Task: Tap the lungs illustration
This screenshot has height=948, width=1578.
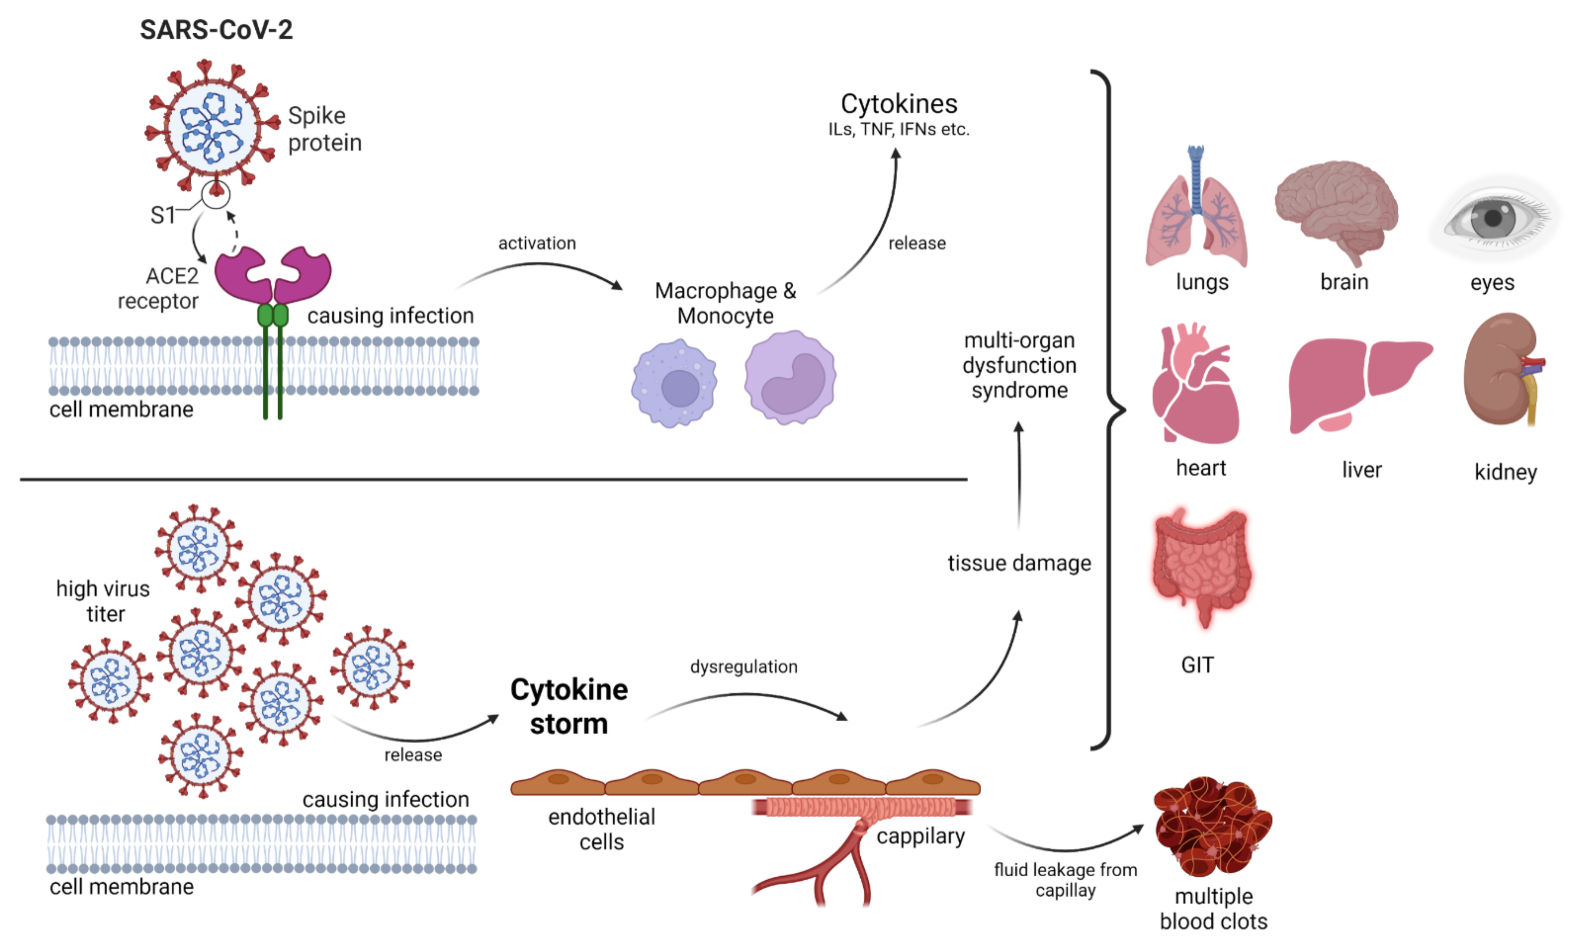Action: (x=1196, y=211)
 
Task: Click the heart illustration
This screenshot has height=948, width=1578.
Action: (x=1195, y=386)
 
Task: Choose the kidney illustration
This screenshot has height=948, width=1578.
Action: (x=1501, y=370)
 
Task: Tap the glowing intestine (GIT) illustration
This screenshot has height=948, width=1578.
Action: (x=1201, y=565)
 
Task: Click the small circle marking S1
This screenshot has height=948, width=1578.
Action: (x=216, y=194)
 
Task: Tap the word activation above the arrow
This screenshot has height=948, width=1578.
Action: (x=537, y=243)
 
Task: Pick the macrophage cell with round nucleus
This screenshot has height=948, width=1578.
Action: (x=674, y=383)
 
